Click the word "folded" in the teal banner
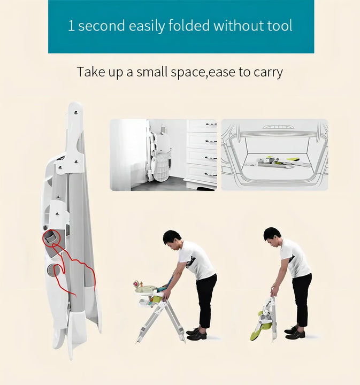(189, 25)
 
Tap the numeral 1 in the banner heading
(71, 26)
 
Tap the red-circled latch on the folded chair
(51, 237)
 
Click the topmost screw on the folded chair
(76, 113)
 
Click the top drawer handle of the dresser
(211, 124)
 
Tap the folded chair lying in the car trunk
(275, 162)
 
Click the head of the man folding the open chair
(172, 240)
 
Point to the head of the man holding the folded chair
(272, 237)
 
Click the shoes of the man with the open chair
(196, 334)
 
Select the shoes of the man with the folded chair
(295, 333)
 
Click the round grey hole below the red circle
(53, 270)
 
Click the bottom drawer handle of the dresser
(211, 174)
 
